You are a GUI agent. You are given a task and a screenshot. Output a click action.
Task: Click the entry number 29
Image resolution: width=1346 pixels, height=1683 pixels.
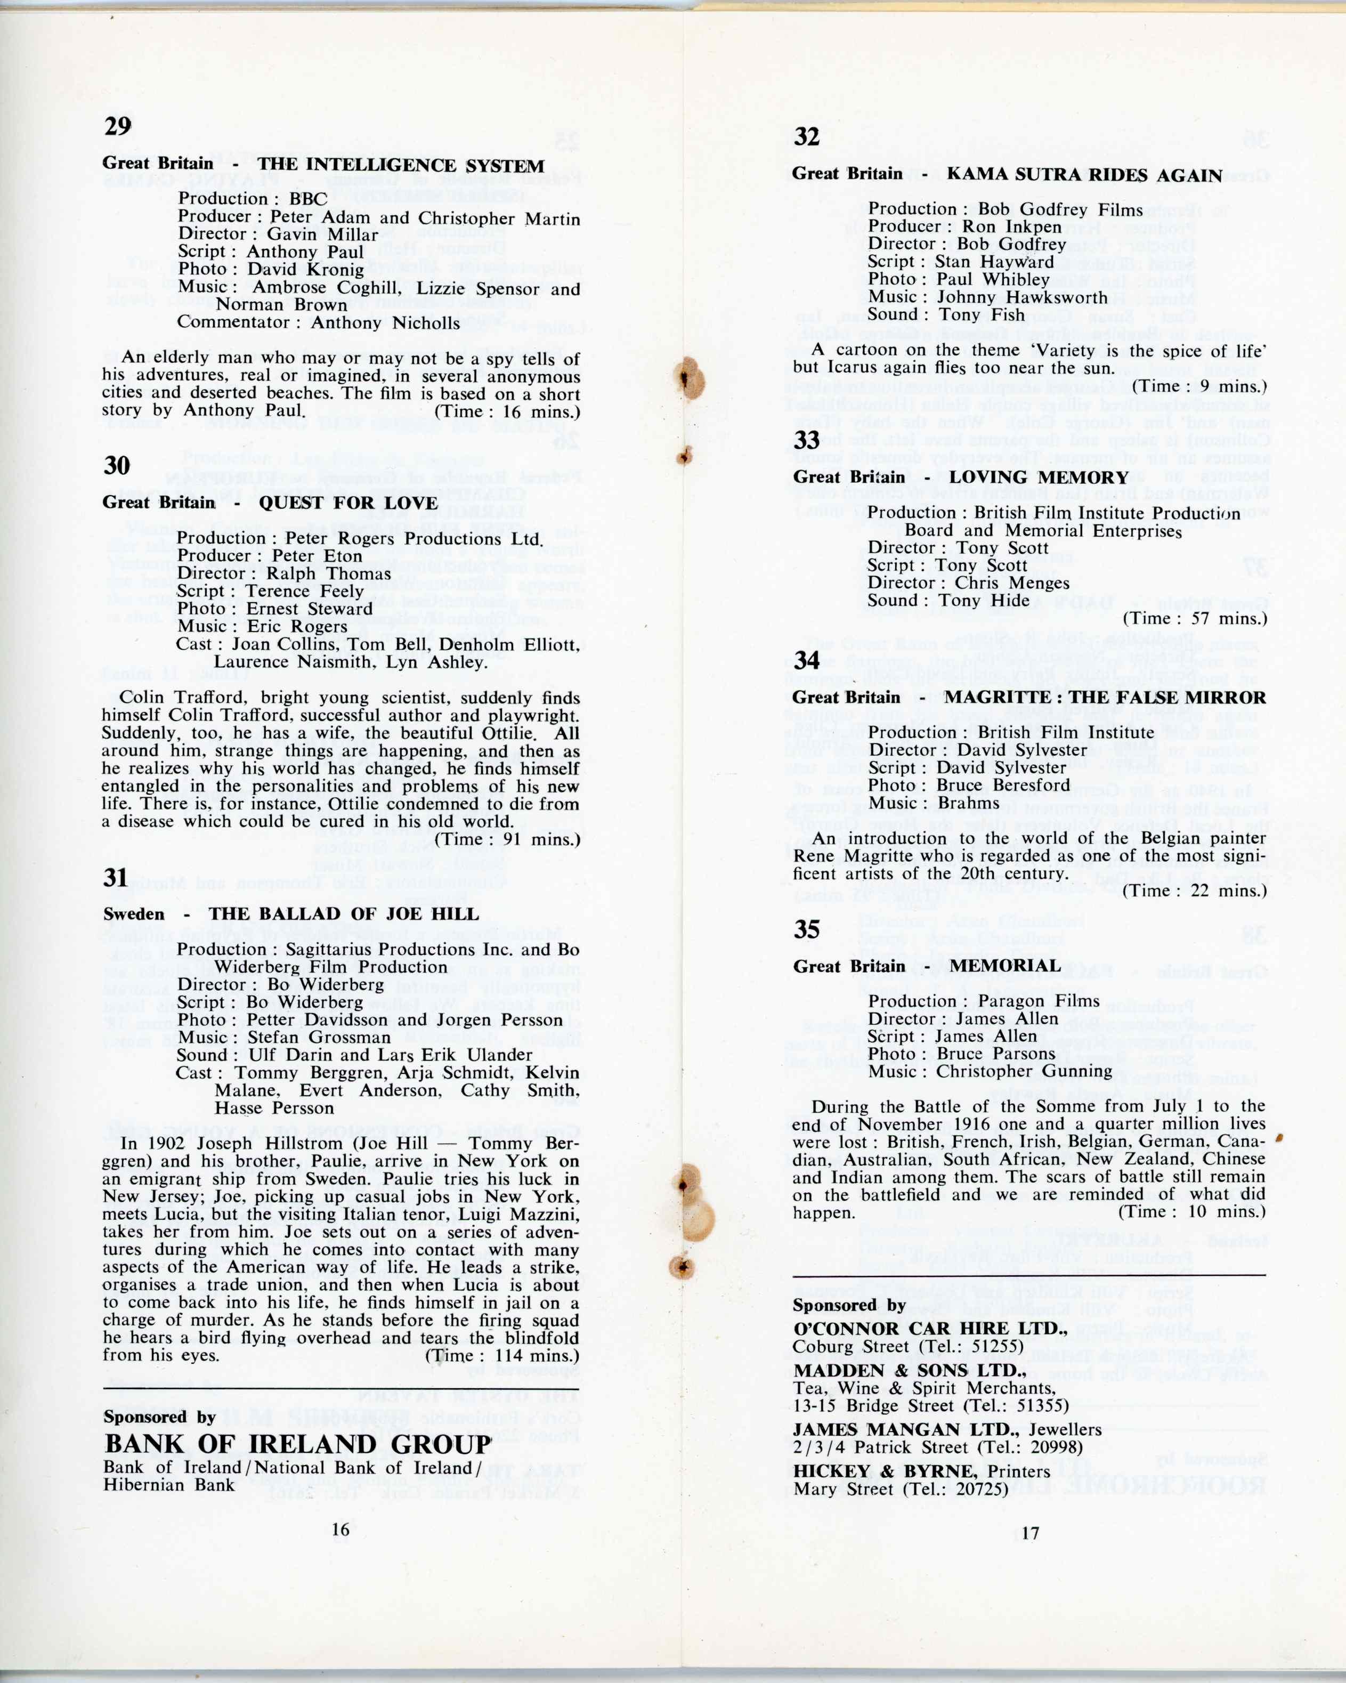click(x=118, y=126)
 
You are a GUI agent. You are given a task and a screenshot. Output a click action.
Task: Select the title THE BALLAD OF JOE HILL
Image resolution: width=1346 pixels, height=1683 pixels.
click(x=343, y=914)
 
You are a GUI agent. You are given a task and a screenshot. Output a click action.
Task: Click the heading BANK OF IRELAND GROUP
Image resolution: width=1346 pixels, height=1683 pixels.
click(x=298, y=1445)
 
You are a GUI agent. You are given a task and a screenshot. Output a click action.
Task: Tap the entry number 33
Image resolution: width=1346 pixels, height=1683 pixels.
click(x=807, y=440)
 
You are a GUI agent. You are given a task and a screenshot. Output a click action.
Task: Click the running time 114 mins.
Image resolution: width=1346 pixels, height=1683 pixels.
click(x=528, y=1355)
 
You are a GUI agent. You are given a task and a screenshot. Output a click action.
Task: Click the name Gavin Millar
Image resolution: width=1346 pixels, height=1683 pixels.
click(x=322, y=234)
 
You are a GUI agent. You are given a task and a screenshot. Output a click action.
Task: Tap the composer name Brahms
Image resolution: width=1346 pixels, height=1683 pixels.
click(x=968, y=803)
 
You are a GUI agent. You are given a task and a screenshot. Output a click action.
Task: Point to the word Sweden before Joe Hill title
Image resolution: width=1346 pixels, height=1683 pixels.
click(x=134, y=914)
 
